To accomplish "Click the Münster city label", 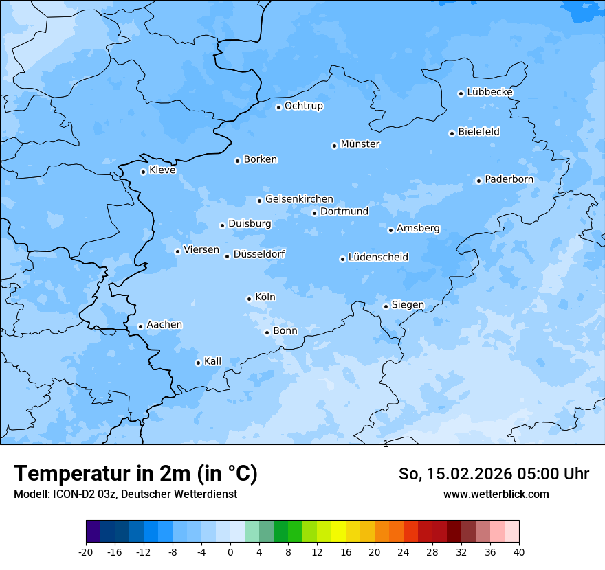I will click(x=360, y=144).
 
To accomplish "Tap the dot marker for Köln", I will click(x=249, y=299).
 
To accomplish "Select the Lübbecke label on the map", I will click(x=489, y=92).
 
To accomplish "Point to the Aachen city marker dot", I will click(x=140, y=326).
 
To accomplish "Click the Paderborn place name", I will click(x=509, y=179).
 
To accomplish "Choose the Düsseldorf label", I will click(x=259, y=254).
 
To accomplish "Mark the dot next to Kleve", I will click(x=143, y=172).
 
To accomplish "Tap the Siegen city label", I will click(x=408, y=305).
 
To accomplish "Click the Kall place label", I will click(x=212, y=361).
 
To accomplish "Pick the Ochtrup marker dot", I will click(x=278, y=107).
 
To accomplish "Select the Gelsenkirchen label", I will click(x=299, y=199).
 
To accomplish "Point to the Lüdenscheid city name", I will click(x=378, y=258).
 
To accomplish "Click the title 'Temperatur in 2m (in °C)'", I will click(x=135, y=474).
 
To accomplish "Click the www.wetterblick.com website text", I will click(x=496, y=494).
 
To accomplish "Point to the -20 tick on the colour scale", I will click(x=86, y=551).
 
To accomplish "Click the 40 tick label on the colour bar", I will click(x=519, y=551).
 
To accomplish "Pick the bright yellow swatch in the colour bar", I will click(x=338, y=532).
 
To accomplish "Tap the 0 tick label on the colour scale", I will click(x=230, y=551).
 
